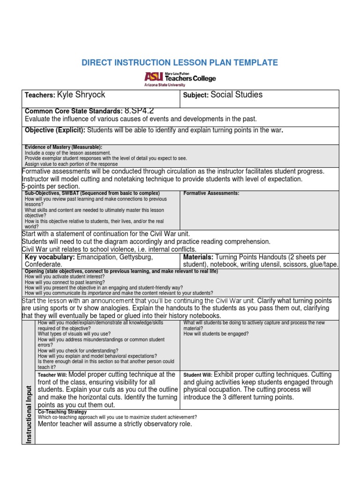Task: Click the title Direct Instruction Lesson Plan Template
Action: pos(180,63)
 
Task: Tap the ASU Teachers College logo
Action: pos(180,79)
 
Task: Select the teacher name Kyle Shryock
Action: pos(81,95)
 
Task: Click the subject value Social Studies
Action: pos(236,95)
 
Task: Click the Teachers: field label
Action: pos(40,95)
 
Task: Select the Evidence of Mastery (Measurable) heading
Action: pos(63,147)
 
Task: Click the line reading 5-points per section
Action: pos(51,187)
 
